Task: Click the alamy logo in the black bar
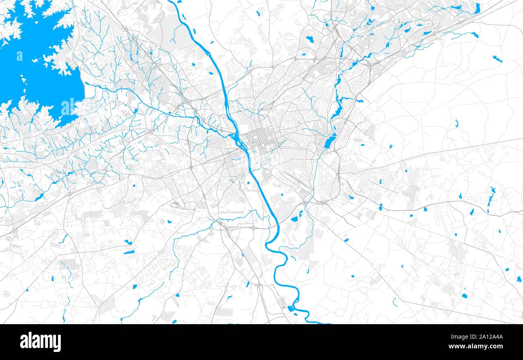40,342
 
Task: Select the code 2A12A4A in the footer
491,336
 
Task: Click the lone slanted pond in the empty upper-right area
497,59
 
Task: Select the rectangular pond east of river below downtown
294,219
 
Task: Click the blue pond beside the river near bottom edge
290,309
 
